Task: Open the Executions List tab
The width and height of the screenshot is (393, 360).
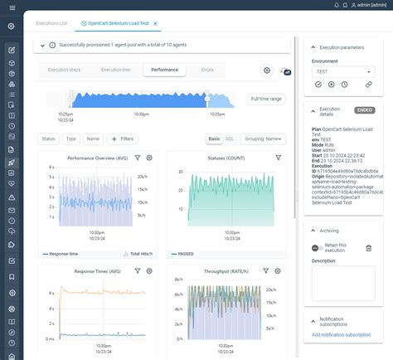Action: click(51, 24)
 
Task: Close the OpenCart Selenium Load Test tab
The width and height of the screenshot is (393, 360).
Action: click(155, 24)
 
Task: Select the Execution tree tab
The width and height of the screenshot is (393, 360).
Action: click(114, 71)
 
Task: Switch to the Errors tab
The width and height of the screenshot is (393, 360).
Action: click(206, 71)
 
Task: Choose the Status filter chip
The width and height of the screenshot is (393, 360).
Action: click(48, 139)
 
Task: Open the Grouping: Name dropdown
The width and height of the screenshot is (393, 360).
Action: click(264, 139)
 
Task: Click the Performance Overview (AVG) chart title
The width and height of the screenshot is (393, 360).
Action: click(96, 157)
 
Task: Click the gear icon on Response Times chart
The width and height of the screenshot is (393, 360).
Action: click(149, 270)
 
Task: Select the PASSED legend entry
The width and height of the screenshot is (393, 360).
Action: click(187, 254)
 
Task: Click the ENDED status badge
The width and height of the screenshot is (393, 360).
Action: click(364, 109)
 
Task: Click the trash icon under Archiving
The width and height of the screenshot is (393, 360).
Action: click(369, 247)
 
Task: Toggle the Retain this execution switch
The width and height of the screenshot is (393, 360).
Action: click(316, 247)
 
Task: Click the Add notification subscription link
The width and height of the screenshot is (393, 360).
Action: click(341, 334)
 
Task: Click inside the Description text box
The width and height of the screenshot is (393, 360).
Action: click(342, 283)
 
